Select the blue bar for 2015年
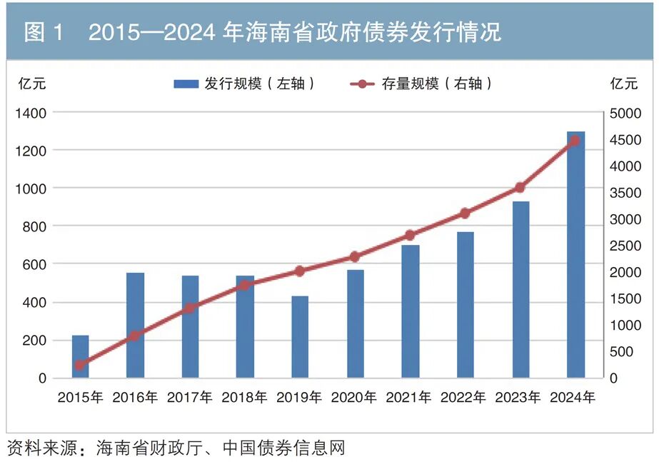point(81,356)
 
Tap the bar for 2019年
point(300,337)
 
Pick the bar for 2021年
point(410,311)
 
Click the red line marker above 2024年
point(575,141)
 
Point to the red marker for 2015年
point(80,365)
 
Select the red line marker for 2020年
point(355,256)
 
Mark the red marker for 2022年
point(465,213)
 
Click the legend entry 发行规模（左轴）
point(244,84)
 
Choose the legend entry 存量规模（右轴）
point(422,84)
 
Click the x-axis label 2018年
point(245,398)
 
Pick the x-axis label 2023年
point(519,398)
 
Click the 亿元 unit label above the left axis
point(32,84)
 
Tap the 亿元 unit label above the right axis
point(624,84)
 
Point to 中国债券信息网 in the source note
point(284,448)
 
